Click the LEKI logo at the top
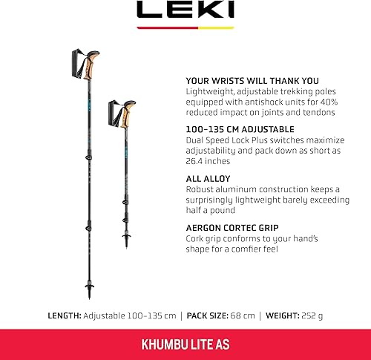[x=185, y=10]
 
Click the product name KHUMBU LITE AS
[x=185, y=344]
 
